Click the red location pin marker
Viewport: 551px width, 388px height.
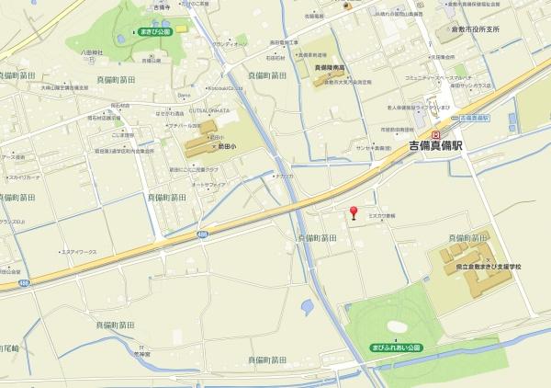[x=354, y=214]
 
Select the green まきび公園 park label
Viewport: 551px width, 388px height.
[x=155, y=31]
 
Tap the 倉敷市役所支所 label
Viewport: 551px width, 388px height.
[x=479, y=30]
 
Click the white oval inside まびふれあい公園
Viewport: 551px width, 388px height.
[x=397, y=325]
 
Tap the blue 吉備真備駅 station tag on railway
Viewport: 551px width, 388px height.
[x=474, y=119]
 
